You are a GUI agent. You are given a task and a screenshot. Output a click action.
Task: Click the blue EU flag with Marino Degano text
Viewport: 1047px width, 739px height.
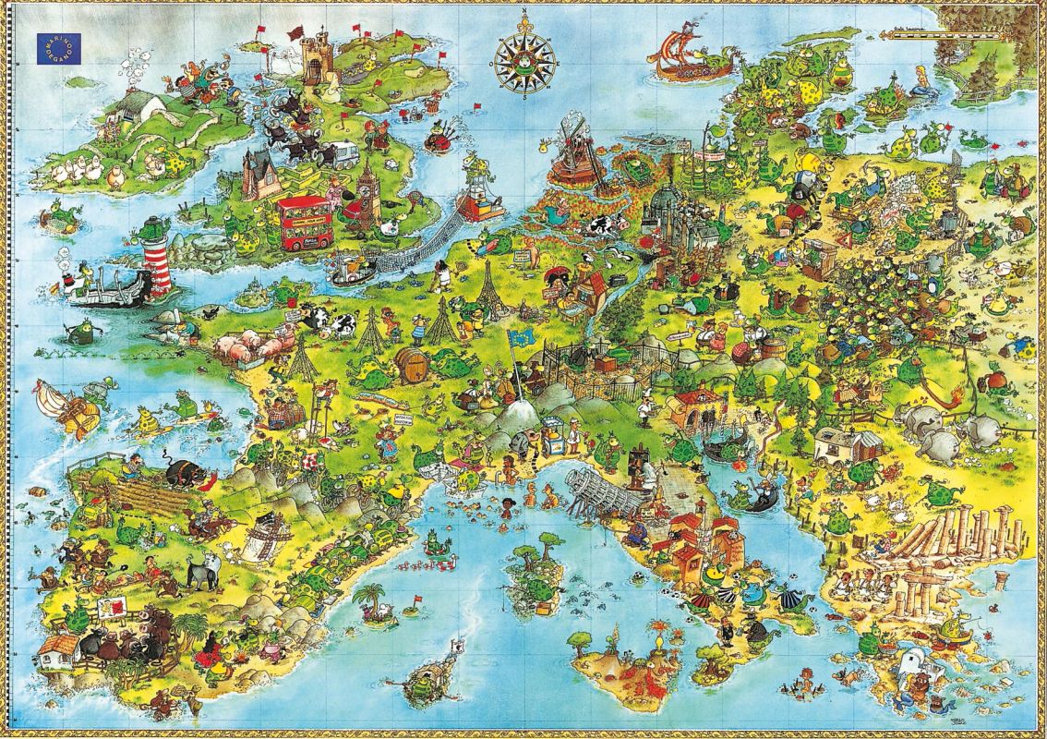[58, 48]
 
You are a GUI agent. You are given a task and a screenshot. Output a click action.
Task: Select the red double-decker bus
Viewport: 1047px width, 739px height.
[305, 222]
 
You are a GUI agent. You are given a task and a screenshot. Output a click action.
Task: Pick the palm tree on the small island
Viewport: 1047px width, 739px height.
[371, 596]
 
